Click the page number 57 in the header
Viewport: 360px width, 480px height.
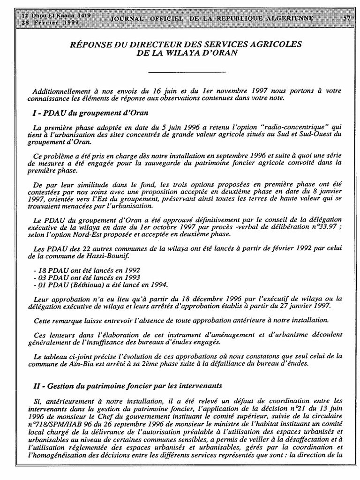pos(347,18)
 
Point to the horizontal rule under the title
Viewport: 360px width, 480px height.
pos(187,72)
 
